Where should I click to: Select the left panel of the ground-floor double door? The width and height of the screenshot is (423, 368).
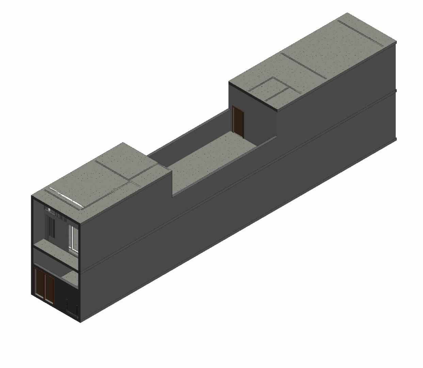(40, 282)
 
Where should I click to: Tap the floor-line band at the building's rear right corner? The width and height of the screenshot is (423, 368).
(396, 91)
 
